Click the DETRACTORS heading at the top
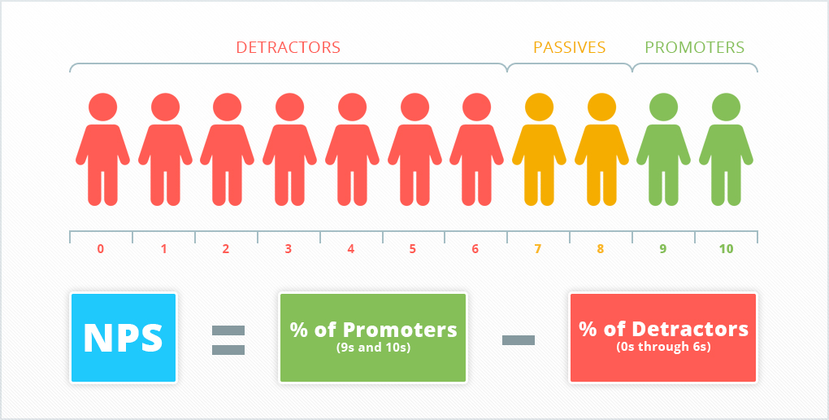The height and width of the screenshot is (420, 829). click(x=289, y=48)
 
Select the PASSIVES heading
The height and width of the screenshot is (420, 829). click(x=570, y=48)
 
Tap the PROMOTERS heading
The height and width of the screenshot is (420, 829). click(x=695, y=48)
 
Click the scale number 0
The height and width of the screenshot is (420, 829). click(x=101, y=248)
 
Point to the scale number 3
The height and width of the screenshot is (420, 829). click(x=289, y=248)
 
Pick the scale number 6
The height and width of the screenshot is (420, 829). click(x=475, y=248)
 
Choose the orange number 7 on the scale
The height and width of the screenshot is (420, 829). click(x=538, y=248)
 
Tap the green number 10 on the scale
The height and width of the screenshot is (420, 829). click(x=727, y=248)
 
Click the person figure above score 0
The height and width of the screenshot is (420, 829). click(x=102, y=149)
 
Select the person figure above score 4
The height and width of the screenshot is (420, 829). click(x=352, y=149)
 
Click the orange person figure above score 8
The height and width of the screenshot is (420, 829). click(x=601, y=149)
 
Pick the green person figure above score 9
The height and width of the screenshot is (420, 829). click(x=663, y=149)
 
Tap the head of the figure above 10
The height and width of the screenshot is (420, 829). click(x=726, y=107)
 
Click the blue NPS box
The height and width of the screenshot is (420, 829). click(x=124, y=337)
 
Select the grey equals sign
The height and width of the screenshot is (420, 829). click(x=228, y=340)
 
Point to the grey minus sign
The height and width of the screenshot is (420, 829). click(x=519, y=340)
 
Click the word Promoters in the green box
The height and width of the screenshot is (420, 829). click(x=400, y=330)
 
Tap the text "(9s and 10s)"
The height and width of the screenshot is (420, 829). click(x=373, y=348)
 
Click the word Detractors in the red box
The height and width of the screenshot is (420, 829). click(x=691, y=329)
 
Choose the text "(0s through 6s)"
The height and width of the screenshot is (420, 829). click(x=663, y=348)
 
